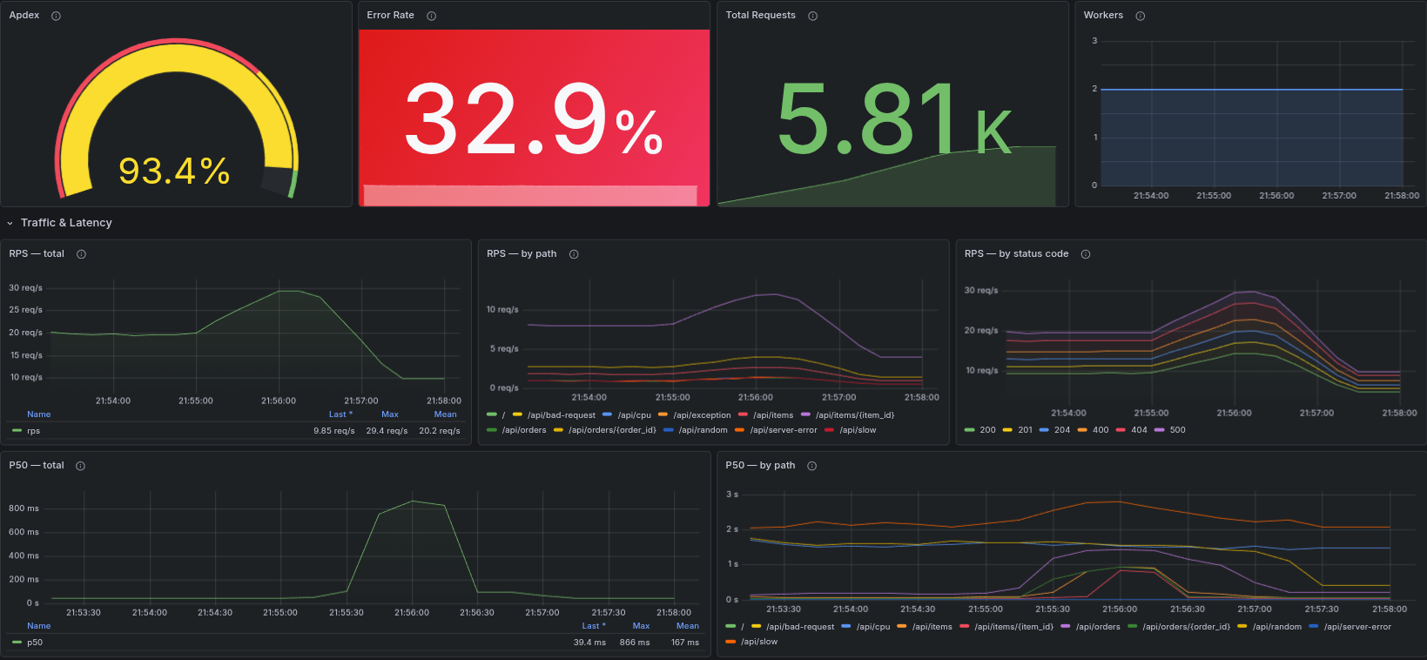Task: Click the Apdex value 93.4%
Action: coord(173,172)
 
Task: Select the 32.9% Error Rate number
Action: coord(533,119)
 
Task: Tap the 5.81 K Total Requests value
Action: coord(893,119)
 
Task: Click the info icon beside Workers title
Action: coord(1140,16)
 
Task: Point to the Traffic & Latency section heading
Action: coord(66,223)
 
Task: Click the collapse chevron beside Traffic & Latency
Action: coord(10,224)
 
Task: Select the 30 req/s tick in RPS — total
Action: coord(25,288)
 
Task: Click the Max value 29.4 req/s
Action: coord(387,431)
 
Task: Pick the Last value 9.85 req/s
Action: coord(333,431)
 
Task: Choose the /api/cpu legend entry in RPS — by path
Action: coord(634,415)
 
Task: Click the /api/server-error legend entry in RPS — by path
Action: coord(784,430)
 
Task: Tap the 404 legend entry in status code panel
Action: coord(1139,430)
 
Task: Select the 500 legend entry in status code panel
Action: coord(1177,430)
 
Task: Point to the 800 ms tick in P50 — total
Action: coord(24,508)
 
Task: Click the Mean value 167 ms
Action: coord(684,643)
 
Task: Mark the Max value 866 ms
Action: coord(634,643)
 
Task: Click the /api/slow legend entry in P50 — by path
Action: coord(758,642)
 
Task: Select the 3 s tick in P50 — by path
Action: coord(732,495)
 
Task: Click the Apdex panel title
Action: coord(24,16)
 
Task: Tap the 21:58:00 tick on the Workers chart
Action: coord(1401,196)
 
